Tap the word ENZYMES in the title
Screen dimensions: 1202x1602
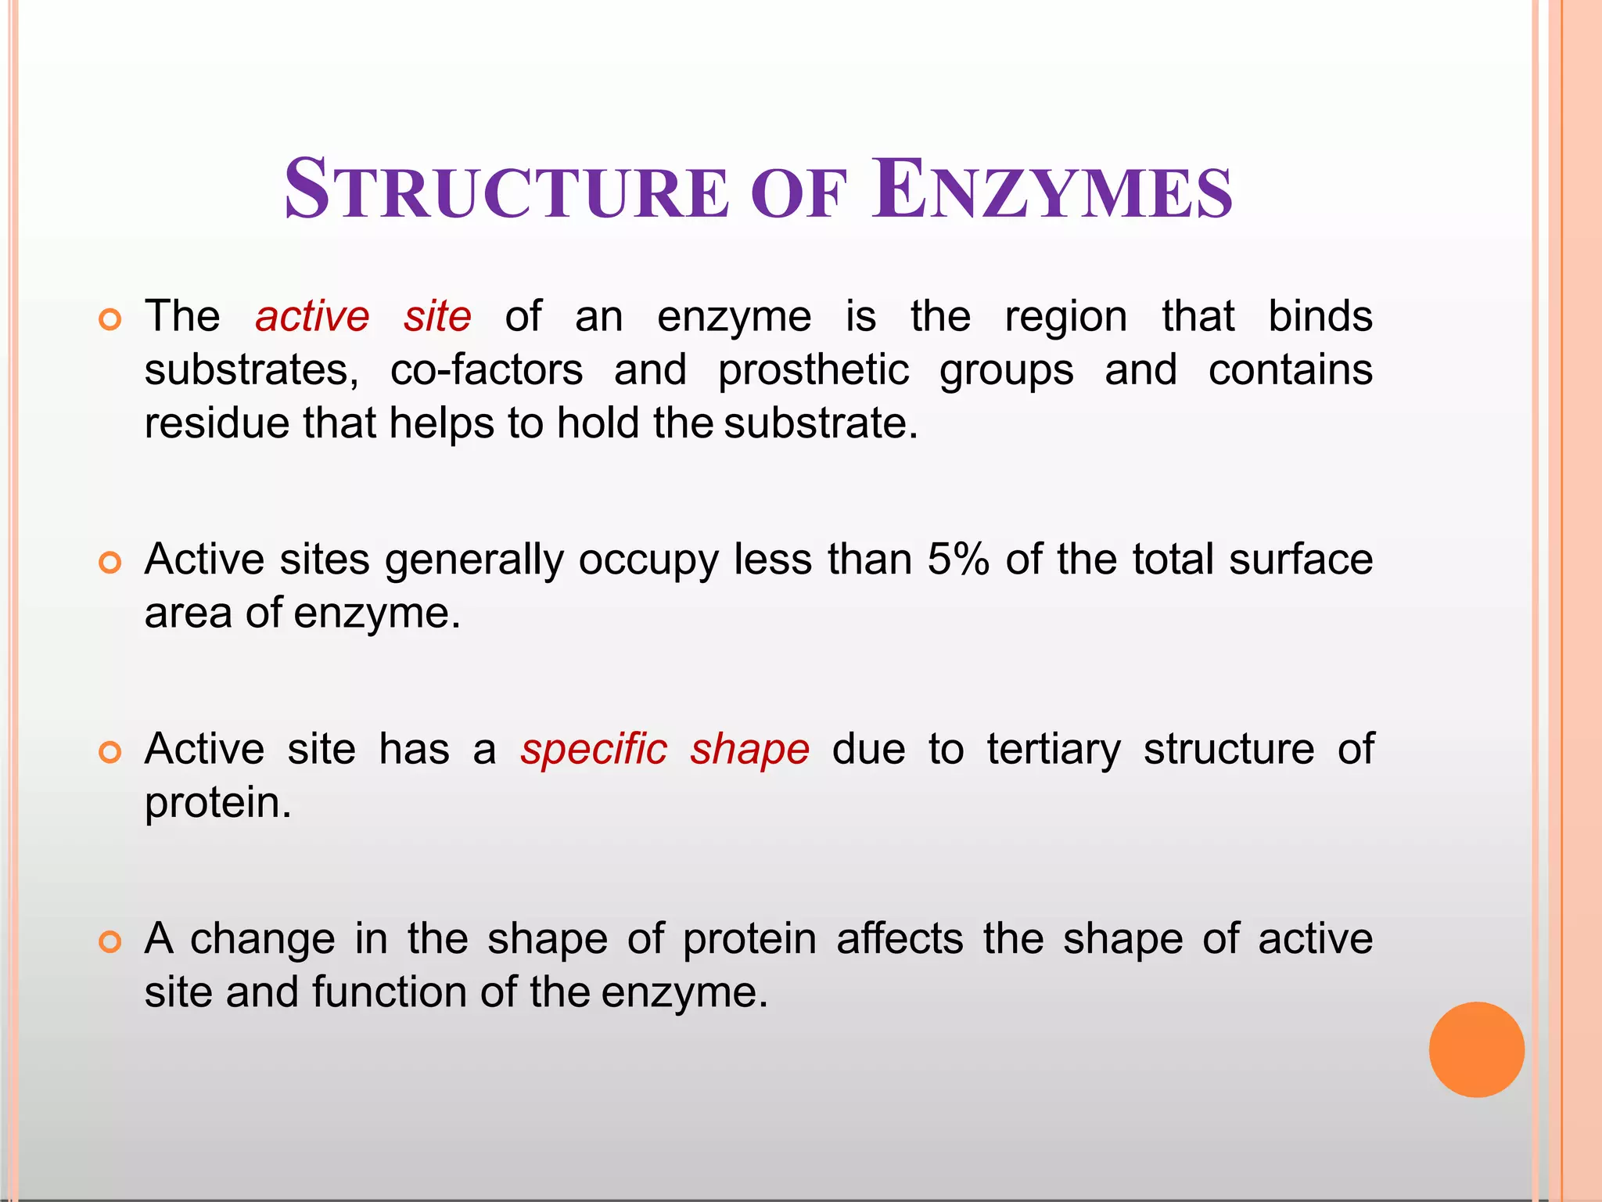coord(1052,190)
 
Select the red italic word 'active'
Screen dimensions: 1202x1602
coord(312,317)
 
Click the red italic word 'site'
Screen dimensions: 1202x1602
coord(437,317)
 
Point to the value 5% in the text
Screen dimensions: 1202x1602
coord(958,560)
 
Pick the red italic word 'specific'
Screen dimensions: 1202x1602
coord(594,750)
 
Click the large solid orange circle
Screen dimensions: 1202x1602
coord(1476,1049)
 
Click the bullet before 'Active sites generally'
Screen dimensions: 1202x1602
coord(110,563)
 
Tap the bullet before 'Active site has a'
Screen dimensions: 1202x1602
coord(110,752)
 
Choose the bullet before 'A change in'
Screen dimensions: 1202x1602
coord(110,941)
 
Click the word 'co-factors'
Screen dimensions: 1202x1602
coord(487,370)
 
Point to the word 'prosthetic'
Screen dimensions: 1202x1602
coord(814,372)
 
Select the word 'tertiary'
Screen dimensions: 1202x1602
coord(1054,750)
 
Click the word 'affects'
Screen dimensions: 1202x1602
coord(900,939)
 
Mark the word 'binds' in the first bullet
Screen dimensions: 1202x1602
coord(1320,317)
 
